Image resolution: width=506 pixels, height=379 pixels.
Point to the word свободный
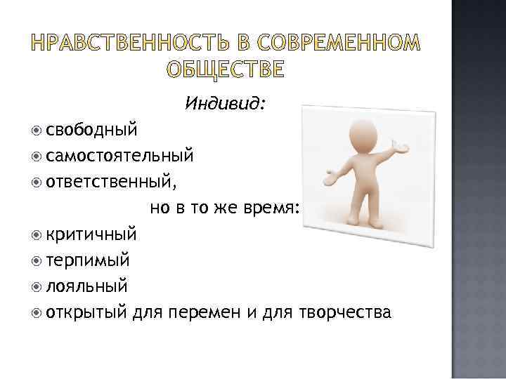[91, 130]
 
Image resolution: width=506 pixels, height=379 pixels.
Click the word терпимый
[88, 260]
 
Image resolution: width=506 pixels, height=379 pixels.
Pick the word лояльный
[86, 286]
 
